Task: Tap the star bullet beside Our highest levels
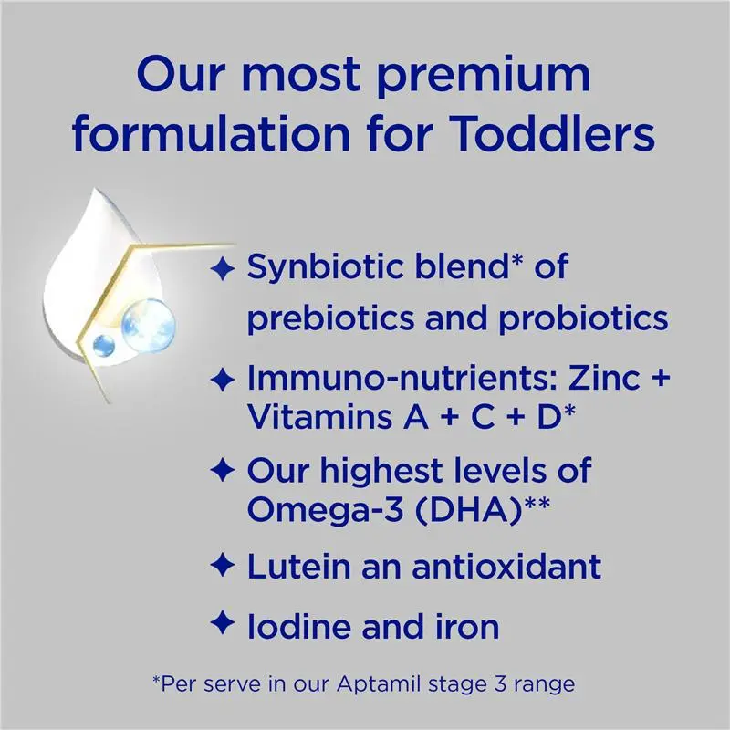[220, 472]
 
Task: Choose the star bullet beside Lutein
[220, 566]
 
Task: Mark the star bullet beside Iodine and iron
[220, 625]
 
